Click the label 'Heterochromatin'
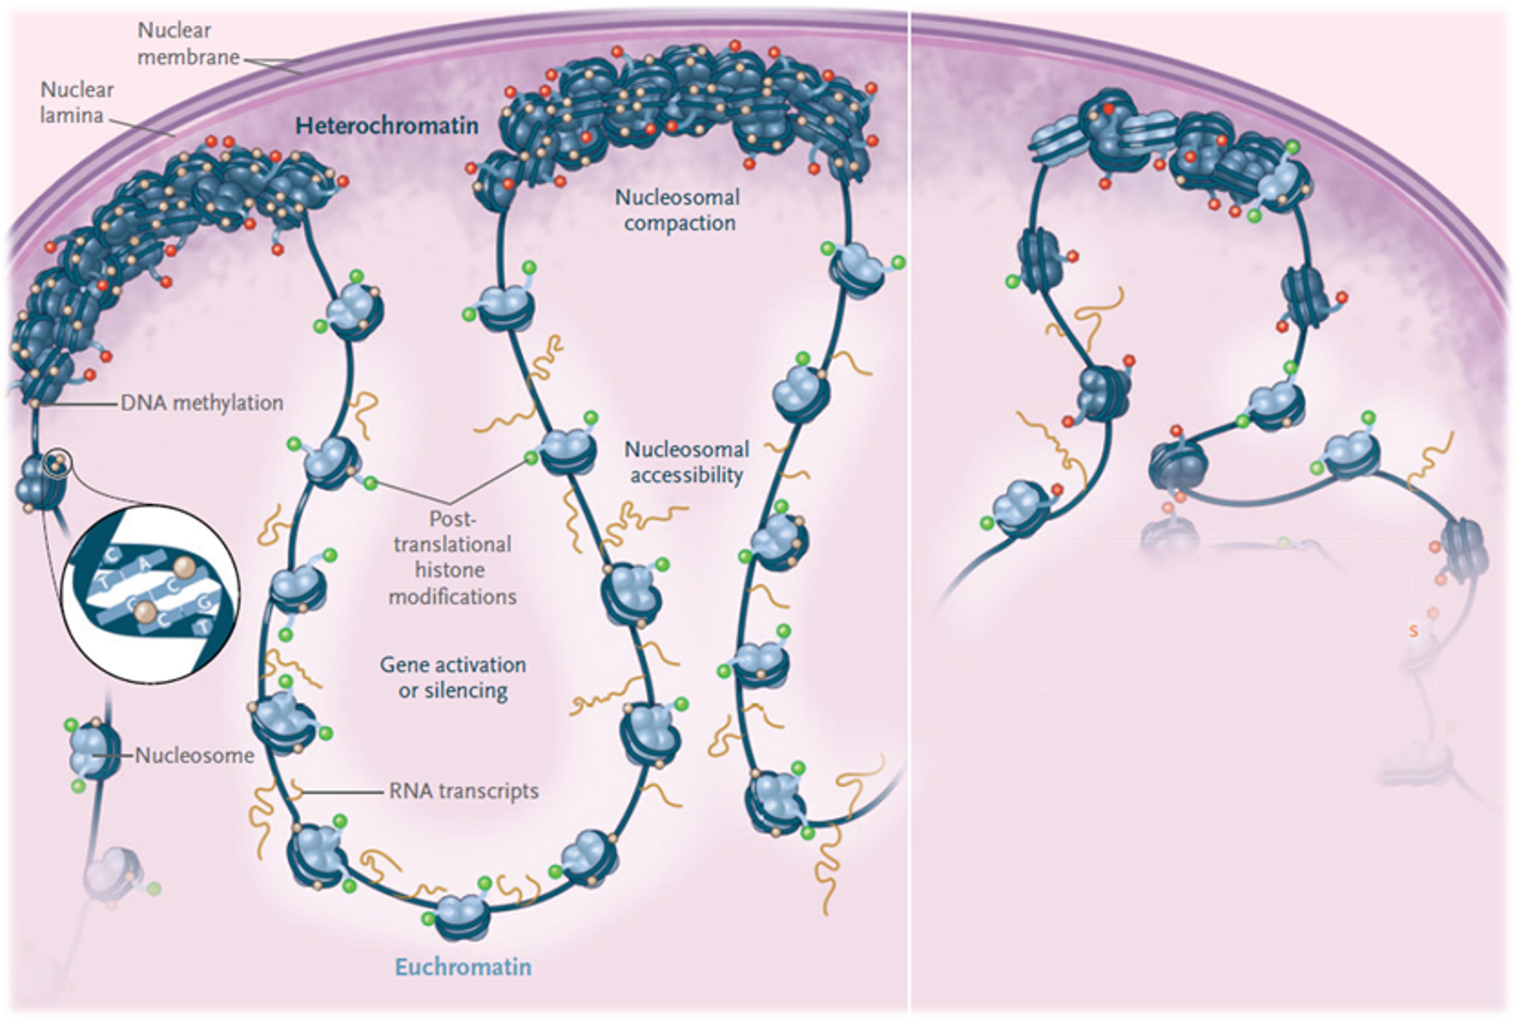coord(387,125)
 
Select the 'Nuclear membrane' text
coord(188,43)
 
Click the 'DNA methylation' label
coord(202,403)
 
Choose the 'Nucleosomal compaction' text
coord(678,210)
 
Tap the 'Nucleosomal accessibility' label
coord(687,462)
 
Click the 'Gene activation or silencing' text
coord(453,677)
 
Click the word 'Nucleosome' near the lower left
coord(194,756)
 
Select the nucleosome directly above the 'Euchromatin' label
coord(462,915)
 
